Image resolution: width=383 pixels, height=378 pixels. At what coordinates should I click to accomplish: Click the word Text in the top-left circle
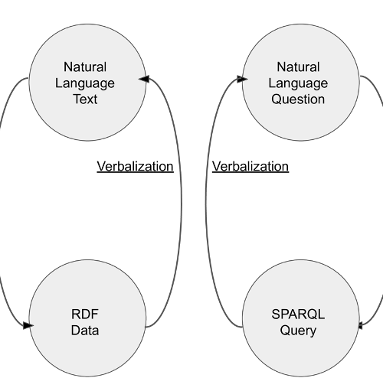[85, 99]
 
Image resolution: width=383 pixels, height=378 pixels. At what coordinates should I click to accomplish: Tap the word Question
[298, 99]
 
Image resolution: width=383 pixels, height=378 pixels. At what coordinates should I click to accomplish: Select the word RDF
[85, 314]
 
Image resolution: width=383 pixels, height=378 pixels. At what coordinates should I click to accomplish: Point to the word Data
[85, 331]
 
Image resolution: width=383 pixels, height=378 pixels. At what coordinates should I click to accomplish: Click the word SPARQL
[298, 314]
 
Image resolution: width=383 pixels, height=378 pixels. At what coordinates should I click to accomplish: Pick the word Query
[298, 331]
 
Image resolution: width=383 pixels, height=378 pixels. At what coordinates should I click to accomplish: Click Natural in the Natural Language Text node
[85, 67]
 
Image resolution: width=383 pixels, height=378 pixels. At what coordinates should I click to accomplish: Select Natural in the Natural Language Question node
[298, 67]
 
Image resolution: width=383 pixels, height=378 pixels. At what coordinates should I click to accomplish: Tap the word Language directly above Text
[85, 83]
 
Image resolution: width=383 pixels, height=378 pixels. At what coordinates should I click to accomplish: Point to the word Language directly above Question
[298, 83]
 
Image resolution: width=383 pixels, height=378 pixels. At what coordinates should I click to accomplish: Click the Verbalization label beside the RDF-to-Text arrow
[135, 167]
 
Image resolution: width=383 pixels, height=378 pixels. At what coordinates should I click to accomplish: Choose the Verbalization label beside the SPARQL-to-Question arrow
[250, 167]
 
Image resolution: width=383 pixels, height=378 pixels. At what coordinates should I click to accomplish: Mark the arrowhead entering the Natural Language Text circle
[144, 79]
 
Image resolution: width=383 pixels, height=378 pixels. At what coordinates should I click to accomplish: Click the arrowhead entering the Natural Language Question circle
[242, 79]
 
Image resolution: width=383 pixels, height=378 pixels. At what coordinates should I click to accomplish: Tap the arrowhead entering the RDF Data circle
[28, 326]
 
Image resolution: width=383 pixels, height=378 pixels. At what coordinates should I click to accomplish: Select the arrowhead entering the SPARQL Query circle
[360, 326]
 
